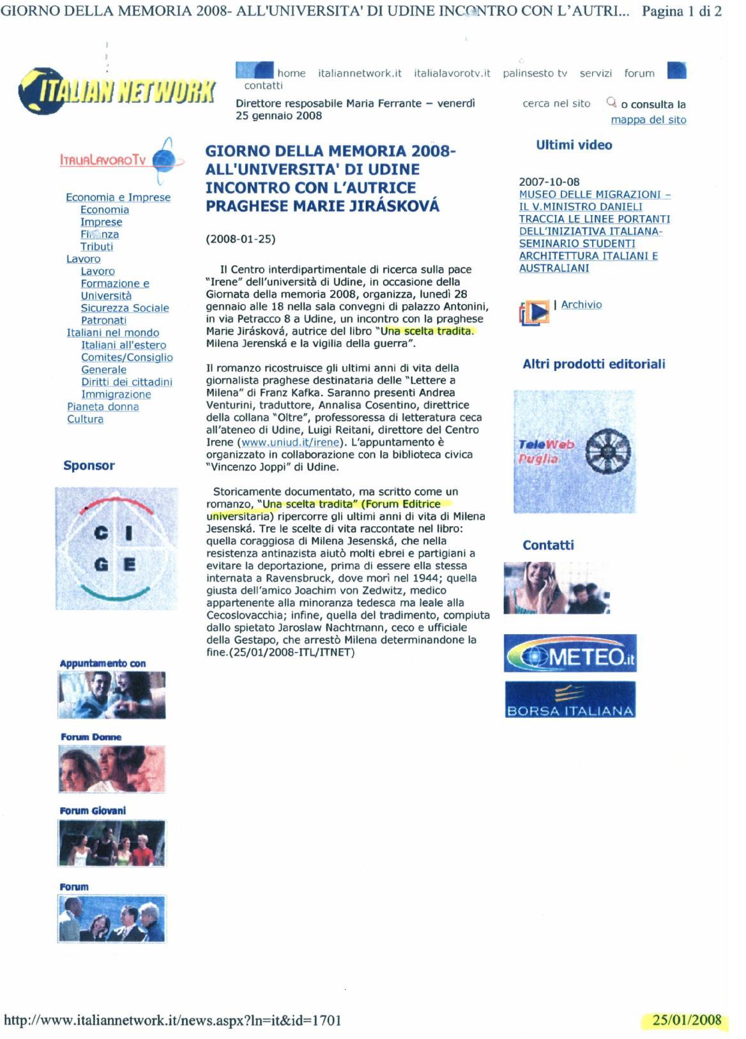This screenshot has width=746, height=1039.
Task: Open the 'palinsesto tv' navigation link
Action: click(535, 73)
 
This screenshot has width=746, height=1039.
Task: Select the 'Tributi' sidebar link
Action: click(96, 246)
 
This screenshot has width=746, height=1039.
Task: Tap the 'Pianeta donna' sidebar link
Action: click(103, 407)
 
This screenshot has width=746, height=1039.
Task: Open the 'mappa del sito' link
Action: click(648, 120)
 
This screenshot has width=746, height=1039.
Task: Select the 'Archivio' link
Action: click(581, 305)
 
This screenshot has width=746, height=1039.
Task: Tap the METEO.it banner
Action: click(570, 653)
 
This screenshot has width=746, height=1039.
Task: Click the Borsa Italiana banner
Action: click(570, 700)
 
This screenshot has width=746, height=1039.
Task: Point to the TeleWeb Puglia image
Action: click(574, 451)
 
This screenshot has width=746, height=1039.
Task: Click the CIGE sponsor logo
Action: click(116, 549)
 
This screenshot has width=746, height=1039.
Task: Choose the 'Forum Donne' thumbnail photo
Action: click(112, 769)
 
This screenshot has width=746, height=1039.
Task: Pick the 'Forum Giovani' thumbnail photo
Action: click(112, 843)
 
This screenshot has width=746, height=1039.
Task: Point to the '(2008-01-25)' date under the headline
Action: click(240, 239)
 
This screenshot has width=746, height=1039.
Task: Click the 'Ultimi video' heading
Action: click(574, 145)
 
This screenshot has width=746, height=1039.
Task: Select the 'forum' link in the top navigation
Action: click(639, 73)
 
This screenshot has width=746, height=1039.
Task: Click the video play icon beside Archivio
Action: click(535, 312)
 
